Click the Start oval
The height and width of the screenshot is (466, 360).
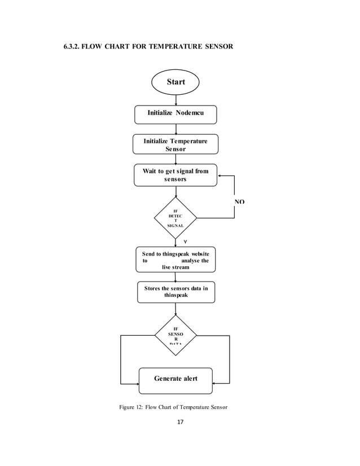point(175,82)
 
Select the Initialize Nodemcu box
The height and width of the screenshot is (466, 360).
point(175,114)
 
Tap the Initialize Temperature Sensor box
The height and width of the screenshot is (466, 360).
point(175,144)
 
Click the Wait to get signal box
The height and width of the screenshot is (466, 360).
point(175,175)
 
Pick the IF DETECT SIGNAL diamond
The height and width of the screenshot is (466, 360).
point(175,218)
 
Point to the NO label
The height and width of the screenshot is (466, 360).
point(239,202)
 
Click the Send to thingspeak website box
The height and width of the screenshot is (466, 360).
point(175,260)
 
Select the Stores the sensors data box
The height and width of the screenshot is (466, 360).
point(175,292)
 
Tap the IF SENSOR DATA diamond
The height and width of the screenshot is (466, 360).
point(175,335)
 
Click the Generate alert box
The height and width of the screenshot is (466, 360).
point(175,379)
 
